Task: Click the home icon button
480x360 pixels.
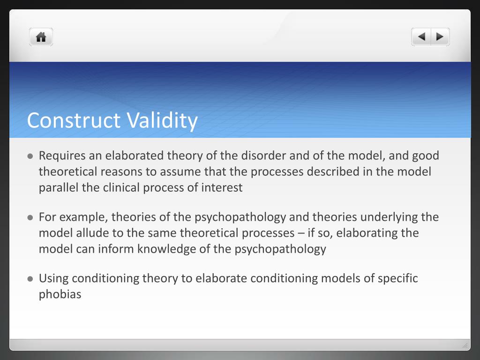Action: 41,37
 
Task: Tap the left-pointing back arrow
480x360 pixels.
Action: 421,37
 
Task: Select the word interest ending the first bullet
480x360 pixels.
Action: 222,187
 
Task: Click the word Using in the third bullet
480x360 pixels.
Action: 53,278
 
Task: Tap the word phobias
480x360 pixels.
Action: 60,294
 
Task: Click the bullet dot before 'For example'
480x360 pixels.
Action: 30,217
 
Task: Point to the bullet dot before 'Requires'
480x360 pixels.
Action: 30,156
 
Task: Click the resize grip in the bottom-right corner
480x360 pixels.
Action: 465,345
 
